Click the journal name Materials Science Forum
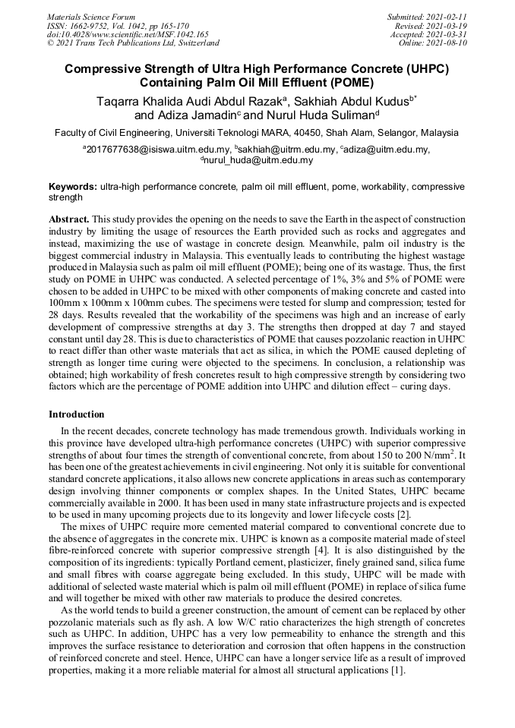[x=91, y=17]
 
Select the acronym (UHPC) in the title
[x=422, y=69]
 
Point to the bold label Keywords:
[x=73, y=187]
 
